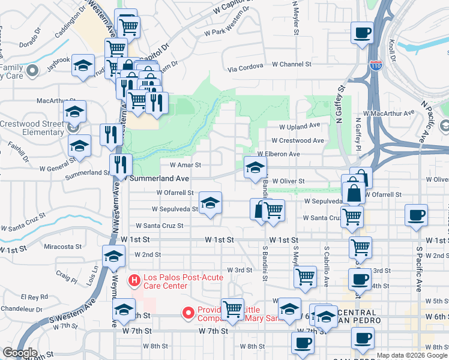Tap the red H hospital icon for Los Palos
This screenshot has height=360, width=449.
coord(134,280)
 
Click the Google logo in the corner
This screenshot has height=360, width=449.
coord(20,353)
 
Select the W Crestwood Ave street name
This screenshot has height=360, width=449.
coord(298,140)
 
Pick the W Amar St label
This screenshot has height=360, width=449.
coord(184,164)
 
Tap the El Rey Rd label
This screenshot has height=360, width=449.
coord(34,296)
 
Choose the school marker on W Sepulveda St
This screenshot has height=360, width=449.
coord(210,203)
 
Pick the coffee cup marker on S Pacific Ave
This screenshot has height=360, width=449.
coord(415,215)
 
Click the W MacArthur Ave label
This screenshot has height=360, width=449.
coord(389,113)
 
